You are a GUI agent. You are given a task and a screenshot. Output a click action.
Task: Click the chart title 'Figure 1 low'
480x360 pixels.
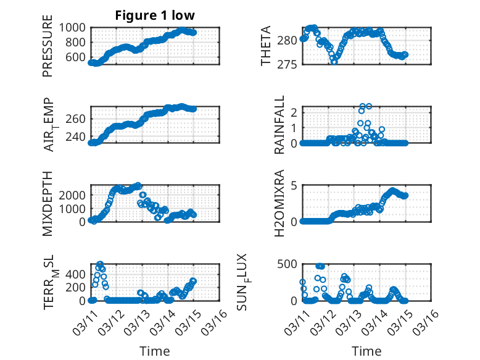[x=155, y=15]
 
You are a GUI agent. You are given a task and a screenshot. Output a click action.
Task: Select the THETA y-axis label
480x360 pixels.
[x=266, y=46]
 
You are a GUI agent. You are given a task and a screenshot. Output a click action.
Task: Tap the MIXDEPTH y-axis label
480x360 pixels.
[x=48, y=203]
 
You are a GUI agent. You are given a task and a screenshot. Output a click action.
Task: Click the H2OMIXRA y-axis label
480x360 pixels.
[x=279, y=203]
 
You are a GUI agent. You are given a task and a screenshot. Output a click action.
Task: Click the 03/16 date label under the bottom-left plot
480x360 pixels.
[x=215, y=322]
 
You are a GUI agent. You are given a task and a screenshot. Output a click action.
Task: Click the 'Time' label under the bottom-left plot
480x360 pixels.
[x=155, y=351]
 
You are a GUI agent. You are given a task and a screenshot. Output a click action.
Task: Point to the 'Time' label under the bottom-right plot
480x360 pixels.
[x=366, y=351]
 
